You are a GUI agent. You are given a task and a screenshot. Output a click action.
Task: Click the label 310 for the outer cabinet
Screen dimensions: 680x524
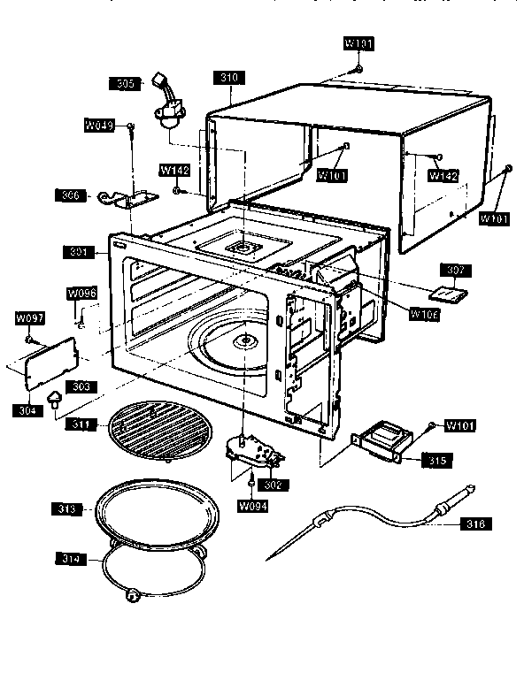pos(229,78)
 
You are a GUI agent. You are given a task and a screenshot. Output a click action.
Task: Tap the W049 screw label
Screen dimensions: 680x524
pos(99,126)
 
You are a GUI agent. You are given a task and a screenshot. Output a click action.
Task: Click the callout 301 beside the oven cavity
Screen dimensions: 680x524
pos(77,253)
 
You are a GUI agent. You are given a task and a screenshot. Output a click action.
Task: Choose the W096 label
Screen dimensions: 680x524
pos(81,293)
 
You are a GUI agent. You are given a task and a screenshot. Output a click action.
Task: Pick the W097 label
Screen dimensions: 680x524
pos(29,317)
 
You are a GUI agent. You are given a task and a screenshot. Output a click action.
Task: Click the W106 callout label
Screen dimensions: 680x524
pos(424,311)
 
